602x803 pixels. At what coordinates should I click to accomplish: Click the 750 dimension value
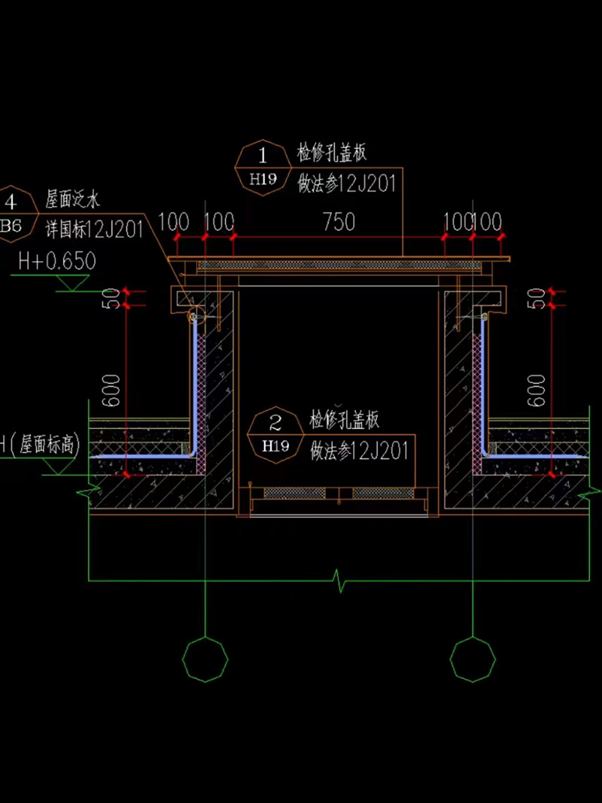(339, 222)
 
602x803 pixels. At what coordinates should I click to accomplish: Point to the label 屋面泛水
(73, 199)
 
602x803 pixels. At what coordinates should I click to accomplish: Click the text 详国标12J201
(95, 230)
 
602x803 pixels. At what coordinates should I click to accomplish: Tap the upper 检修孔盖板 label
(332, 154)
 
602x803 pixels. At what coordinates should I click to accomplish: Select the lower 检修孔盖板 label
(345, 420)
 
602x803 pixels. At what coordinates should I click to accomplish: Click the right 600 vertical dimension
(537, 390)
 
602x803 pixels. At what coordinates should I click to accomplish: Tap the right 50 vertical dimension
(537, 298)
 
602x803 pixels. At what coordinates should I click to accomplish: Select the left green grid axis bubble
(205, 659)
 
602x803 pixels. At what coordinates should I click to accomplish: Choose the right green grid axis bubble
(473, 659)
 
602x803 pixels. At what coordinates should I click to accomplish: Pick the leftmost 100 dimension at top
(174, 222)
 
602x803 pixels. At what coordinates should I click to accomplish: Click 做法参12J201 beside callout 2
(359, 450)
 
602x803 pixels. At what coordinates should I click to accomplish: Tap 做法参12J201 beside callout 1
(347, 184)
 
